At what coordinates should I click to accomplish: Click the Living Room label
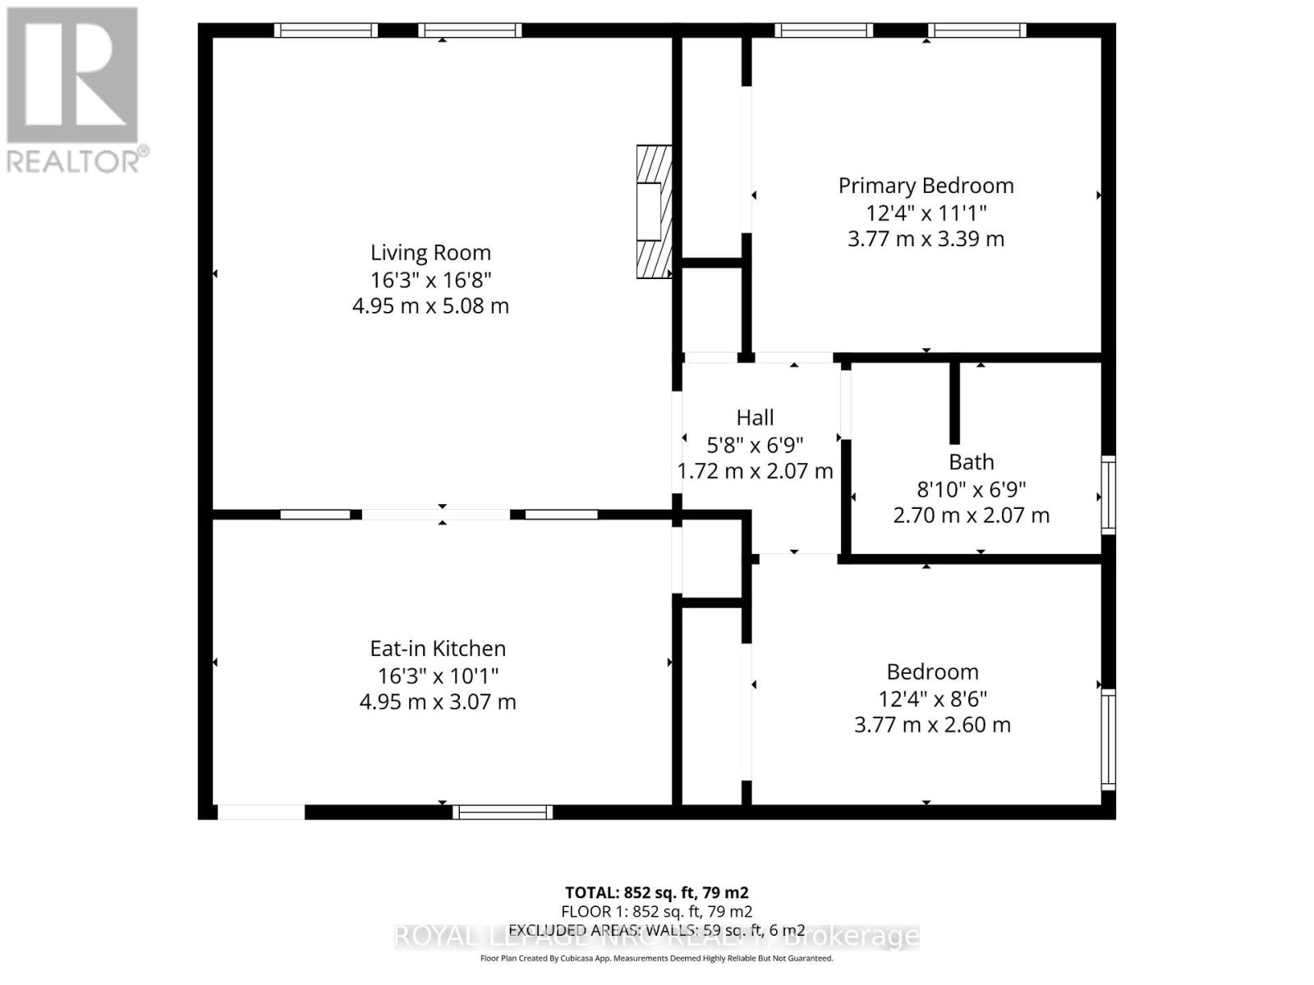tap(430, 253)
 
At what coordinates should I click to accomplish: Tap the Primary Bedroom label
tap(926, 186)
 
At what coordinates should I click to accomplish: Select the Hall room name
tap(755, 418)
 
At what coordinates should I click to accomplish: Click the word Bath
tap(971, 462)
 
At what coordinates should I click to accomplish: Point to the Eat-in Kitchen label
tap(438, 648)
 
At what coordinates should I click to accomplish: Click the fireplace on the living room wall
tap(654, 212)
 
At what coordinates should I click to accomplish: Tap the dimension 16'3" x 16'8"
tap(430, 280)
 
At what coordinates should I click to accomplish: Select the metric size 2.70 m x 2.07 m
tap(971, 515)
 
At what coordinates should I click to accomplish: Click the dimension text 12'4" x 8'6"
tap(932, 699)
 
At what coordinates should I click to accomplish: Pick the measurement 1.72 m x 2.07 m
tap(755, 471)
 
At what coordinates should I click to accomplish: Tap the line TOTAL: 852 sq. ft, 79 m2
tap(656, 892)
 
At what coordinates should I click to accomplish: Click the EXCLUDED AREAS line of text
tap(656, 930)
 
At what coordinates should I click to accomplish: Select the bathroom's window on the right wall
tap(1108, 494)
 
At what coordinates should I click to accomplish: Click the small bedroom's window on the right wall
tap(1108, 740)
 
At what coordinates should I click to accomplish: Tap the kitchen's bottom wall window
tap(503, 812)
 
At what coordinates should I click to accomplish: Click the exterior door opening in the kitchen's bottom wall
tap(261, 812)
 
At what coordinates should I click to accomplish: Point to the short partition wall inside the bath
tap(954, 402)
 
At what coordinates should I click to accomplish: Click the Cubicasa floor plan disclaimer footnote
tap(656, 958)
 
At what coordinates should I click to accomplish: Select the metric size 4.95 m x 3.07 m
tap(438, 702)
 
